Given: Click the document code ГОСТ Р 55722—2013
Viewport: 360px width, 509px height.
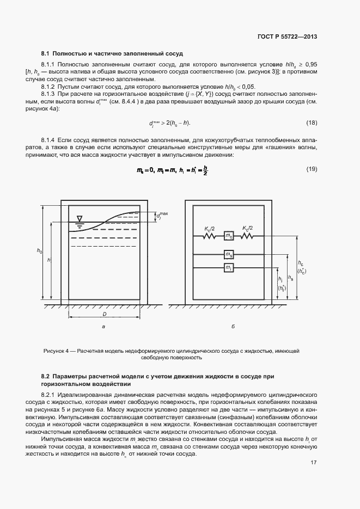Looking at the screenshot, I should [287, 37].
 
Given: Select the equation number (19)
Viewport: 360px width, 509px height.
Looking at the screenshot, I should [312, 169].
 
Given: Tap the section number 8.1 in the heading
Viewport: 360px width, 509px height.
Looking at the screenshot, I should [46, 53].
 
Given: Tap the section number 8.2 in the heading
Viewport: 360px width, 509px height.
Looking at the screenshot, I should [46, 377].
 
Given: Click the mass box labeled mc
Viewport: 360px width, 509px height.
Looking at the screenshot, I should [229, 236].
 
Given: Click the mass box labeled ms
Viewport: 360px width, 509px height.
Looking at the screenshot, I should [229, 254].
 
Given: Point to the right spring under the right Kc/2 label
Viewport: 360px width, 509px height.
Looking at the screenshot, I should [248, 236].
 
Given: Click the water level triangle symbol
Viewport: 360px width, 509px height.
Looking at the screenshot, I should [80, 219].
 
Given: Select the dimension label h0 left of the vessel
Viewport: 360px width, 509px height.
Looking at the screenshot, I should [39, 250].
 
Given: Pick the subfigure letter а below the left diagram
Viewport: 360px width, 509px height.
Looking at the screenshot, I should [103, 327].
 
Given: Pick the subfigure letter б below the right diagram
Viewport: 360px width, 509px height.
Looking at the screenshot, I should [233, 327].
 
